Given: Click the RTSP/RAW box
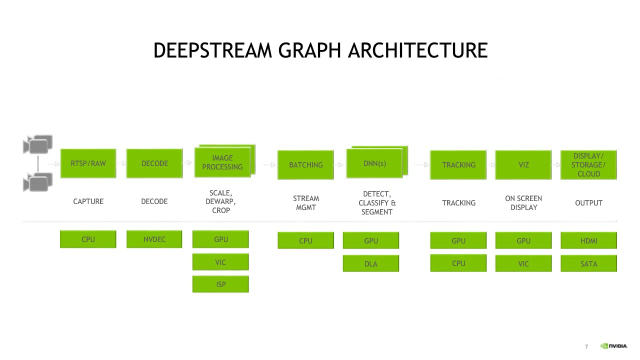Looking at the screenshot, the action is pos(88,163).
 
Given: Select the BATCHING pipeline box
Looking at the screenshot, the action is pos(305,165).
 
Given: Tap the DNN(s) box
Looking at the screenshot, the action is pos(374,163).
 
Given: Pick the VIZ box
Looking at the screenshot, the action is pos(523,165).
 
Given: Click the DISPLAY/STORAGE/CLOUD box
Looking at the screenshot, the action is pos(588,165).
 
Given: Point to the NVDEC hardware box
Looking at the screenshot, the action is pos(154,239).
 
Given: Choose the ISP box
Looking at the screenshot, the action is pos(220,284).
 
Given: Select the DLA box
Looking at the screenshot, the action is pos(371,263).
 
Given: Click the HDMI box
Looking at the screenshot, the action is pos(588,240).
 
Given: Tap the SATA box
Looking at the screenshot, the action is pos(588,263).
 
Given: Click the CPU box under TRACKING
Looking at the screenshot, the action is pos(458,263).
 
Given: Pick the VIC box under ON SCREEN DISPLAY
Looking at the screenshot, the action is pos(523,263).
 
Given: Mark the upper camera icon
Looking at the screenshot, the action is pos(37,144).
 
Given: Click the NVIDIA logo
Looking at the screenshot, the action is pos(613,346).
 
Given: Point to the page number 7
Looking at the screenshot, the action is pos(586,346).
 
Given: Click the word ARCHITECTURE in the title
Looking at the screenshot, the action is pos(417,50).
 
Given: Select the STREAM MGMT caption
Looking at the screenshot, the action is pos(306,203).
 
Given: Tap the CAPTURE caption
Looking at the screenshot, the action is pos(88,201).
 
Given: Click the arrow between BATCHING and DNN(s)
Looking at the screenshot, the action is pos(338,164).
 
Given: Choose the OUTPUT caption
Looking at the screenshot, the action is pos(588,203).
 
